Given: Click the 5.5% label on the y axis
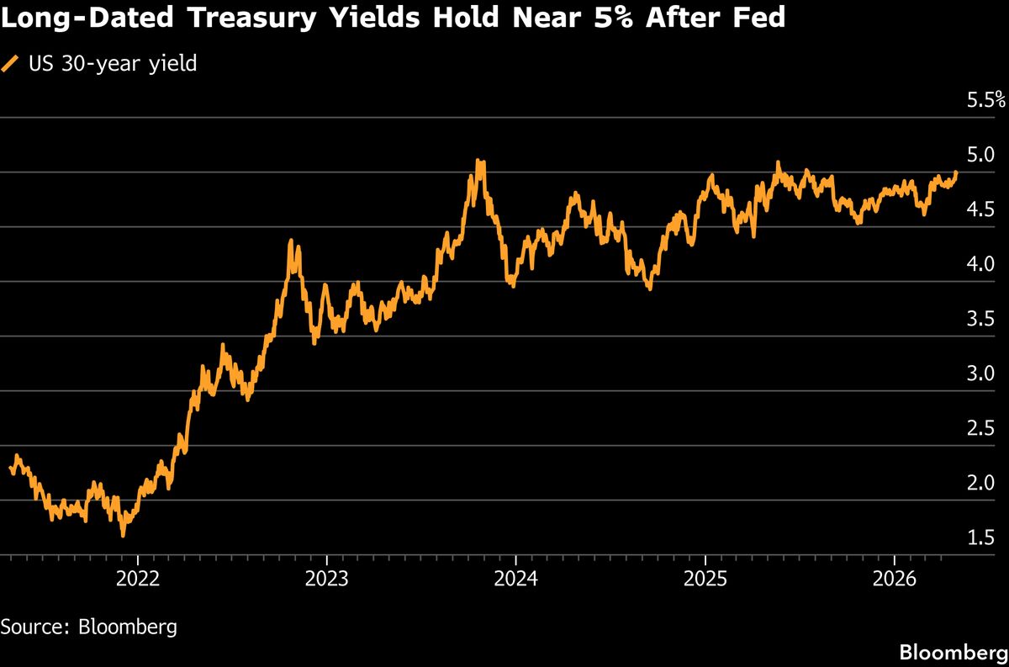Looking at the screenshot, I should pos(986,101).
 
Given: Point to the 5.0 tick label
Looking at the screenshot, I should pos(981,155).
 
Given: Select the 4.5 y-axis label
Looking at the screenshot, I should pos(981,209).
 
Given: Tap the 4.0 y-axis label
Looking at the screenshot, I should pos(981,264).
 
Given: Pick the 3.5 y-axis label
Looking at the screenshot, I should pos(981,319).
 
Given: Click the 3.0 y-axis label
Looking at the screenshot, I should pos(981,373).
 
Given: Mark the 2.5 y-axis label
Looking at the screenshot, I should pos(981,428).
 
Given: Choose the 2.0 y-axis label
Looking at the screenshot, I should pos(981,483).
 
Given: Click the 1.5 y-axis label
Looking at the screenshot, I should pos(981,537).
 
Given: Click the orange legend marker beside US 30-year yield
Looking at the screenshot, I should pos(10,63).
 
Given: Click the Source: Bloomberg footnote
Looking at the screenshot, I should pos(88,627).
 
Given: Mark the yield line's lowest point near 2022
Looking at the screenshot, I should pos(124,533).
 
